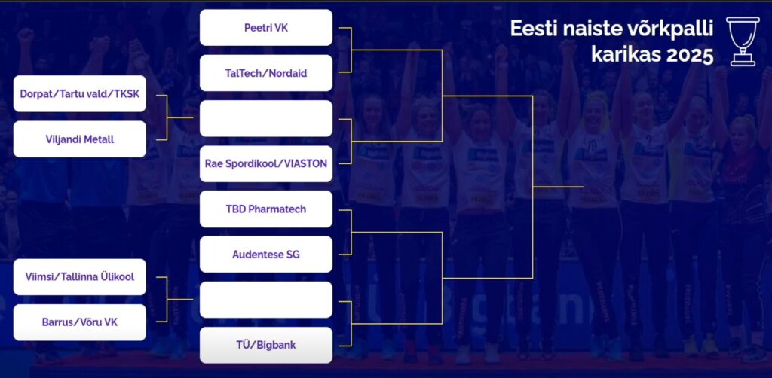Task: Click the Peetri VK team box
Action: pos(266,28)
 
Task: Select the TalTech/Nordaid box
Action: pos(266,73)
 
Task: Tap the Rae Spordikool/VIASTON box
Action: pos(266,163)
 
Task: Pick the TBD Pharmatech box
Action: pos(266,209)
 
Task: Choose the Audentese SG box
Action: pos(266,255)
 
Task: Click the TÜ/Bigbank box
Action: pos(266,345)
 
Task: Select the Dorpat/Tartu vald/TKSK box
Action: pos(80,93)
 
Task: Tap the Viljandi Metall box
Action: pos(80,139)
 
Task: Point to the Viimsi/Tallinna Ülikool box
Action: pos(80,277)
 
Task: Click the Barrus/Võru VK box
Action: pos(80,322)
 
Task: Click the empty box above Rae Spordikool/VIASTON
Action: pos(266,118)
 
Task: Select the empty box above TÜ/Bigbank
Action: pos(266,300)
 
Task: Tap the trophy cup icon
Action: pos(743,41)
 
